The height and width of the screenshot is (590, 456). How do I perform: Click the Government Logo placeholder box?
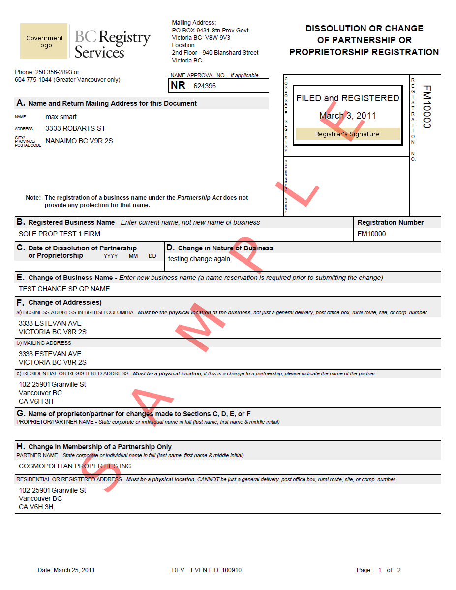(44, 41)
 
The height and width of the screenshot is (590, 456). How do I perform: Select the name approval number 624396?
(205, 86)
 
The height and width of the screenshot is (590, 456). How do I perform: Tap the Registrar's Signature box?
(347, 134)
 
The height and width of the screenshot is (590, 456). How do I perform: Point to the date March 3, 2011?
(347, 116)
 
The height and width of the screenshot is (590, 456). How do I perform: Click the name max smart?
(61, 117)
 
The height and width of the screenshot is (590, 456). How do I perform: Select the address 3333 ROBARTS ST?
(75, 128)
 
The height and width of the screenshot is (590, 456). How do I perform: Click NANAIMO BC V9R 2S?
(79, 141)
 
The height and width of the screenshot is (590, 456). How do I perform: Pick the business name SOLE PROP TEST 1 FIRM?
(60, 234)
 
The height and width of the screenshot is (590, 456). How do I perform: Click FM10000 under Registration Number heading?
(371, 234)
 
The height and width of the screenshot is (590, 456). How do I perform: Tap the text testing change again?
(199, 259)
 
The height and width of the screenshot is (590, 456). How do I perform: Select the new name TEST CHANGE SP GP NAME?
(64, 289)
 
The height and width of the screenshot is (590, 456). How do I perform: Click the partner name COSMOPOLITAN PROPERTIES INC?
(76, 466)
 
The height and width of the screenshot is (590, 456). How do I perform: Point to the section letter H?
(21, 446)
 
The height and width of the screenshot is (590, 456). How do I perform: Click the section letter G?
(21, 413)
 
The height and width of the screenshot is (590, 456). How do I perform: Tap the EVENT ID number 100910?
(232, 570)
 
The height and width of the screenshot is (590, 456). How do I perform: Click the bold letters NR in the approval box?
(178, 85)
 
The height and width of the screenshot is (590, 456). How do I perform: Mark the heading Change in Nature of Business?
(225, 248)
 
